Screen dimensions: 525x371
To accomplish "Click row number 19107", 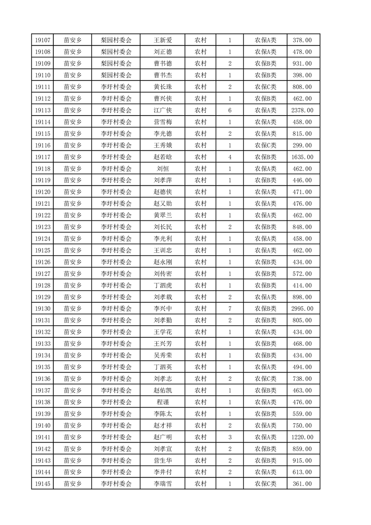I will pyautogui.click(x=42, y=40).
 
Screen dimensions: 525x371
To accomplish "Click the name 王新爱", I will pyautogui.click(x=163, y=40).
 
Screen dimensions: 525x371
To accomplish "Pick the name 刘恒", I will pyautogui.click(x=163, y=168).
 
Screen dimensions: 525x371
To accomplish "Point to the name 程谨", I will pyautogui.click(x=163, y=402).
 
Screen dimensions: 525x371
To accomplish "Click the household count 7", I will pyautogui.click(x=230, y=309).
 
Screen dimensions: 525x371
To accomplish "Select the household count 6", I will pyautogui.click(x=230, y=110).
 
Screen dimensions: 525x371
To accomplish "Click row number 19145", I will pyautogui.click(x=42, y=484).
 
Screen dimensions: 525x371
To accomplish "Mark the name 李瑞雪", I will pyautogui.click(x=163, y=484).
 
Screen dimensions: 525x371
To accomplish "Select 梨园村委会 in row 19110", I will pyautogui.click(x=116, y=75).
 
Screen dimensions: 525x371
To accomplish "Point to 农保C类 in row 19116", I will pyautogui.click(x=265, y=146).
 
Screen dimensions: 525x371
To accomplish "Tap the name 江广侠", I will pyautogui.click(x=163, y=110).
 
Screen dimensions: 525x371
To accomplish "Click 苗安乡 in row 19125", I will pyautogui.click(x=73, y=250).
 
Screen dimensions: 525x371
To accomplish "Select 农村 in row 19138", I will pyautogui.click(x=201, y=402).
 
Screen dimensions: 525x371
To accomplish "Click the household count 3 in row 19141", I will pyautogui.click(x=230, y=437).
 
